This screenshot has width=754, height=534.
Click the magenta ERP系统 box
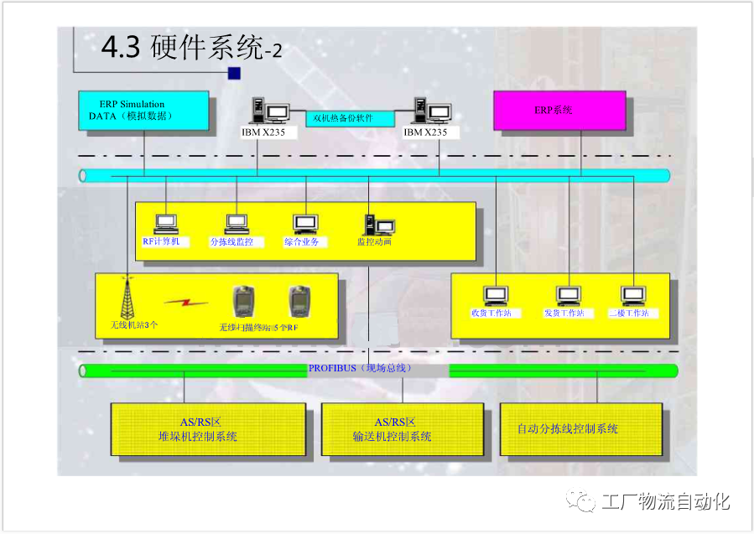point(559,110)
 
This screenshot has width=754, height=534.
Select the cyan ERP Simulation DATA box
point(143,110)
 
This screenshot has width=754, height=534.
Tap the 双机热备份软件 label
point(343,118)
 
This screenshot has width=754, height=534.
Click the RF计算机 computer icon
point(165,224)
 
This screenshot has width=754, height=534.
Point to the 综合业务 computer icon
point(305,224)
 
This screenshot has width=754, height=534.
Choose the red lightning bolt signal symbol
point(186,302)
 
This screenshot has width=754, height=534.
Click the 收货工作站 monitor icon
point(497,296)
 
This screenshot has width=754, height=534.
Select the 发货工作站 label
point(564,314)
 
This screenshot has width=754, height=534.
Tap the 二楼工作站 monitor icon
point(633,296)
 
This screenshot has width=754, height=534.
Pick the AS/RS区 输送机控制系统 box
point(403,429)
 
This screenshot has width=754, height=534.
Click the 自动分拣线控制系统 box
point(580,429)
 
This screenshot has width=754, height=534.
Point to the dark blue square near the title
point(234,74)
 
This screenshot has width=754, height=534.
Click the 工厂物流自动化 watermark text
point(665,501)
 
